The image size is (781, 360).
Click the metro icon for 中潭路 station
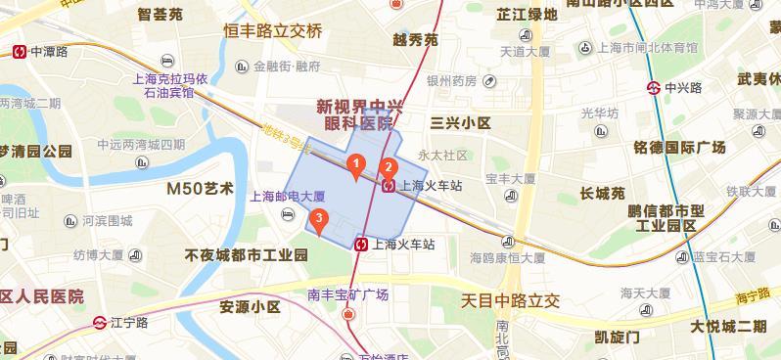pyautogui.click(x=19, y=52)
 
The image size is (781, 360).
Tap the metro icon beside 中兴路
pyautogui.click(x=653, y=88)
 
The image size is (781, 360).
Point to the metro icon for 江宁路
pyautogui.click(x=100, y=322)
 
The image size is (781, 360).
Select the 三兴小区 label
pyautogui.click(x=460, y=122)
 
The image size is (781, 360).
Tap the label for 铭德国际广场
pyautogui.click(x=679, y=148)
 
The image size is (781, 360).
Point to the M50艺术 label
pyautogui.click(x=200, y=188)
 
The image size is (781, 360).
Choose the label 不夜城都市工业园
pyautogui.click(x=246, y=255)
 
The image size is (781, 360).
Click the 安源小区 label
pyautogui.click(x=250, y=307)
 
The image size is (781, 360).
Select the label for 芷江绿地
pyautogui.click(x=527, y=15)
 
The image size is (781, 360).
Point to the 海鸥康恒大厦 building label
pyautogui.click(x=507, y=259)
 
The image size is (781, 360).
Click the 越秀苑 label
pyautogui.click(x=415, y=40)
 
